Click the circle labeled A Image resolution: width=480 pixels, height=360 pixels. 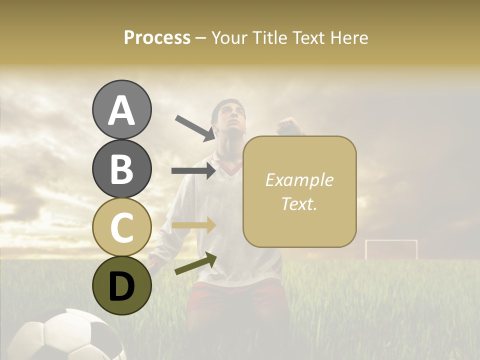(121, 109)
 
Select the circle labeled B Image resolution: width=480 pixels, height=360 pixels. (121, 168)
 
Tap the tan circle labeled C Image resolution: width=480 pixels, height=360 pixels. (121, 227)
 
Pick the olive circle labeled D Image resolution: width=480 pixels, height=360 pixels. (121, 286)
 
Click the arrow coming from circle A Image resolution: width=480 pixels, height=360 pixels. (194, 128)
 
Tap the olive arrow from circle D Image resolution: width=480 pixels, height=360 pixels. (195, 263)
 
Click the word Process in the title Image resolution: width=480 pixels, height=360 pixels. (157, 37)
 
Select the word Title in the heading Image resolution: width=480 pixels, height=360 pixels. (270, 37)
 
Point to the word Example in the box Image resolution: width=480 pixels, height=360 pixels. (299, 180)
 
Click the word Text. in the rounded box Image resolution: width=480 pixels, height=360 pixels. (299, 204)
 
